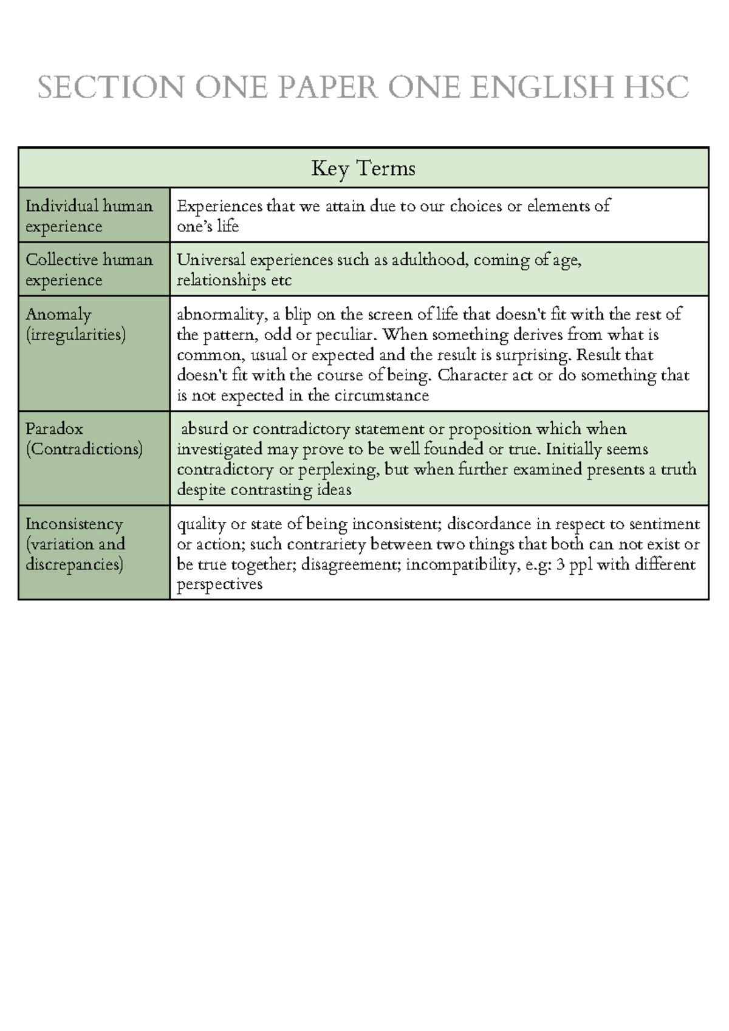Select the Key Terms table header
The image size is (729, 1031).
(363, 168)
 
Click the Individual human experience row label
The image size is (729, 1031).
(89, 216)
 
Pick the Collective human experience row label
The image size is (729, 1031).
(89, 270)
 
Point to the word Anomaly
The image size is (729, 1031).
(58, 315)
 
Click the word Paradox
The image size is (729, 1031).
(54, 429)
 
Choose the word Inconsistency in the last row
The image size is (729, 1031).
(74, 524)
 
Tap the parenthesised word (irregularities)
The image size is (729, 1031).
(76, 335)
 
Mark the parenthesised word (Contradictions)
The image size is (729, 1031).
(84, 449)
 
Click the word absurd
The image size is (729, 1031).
(204, 429)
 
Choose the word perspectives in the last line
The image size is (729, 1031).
(219, 584)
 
